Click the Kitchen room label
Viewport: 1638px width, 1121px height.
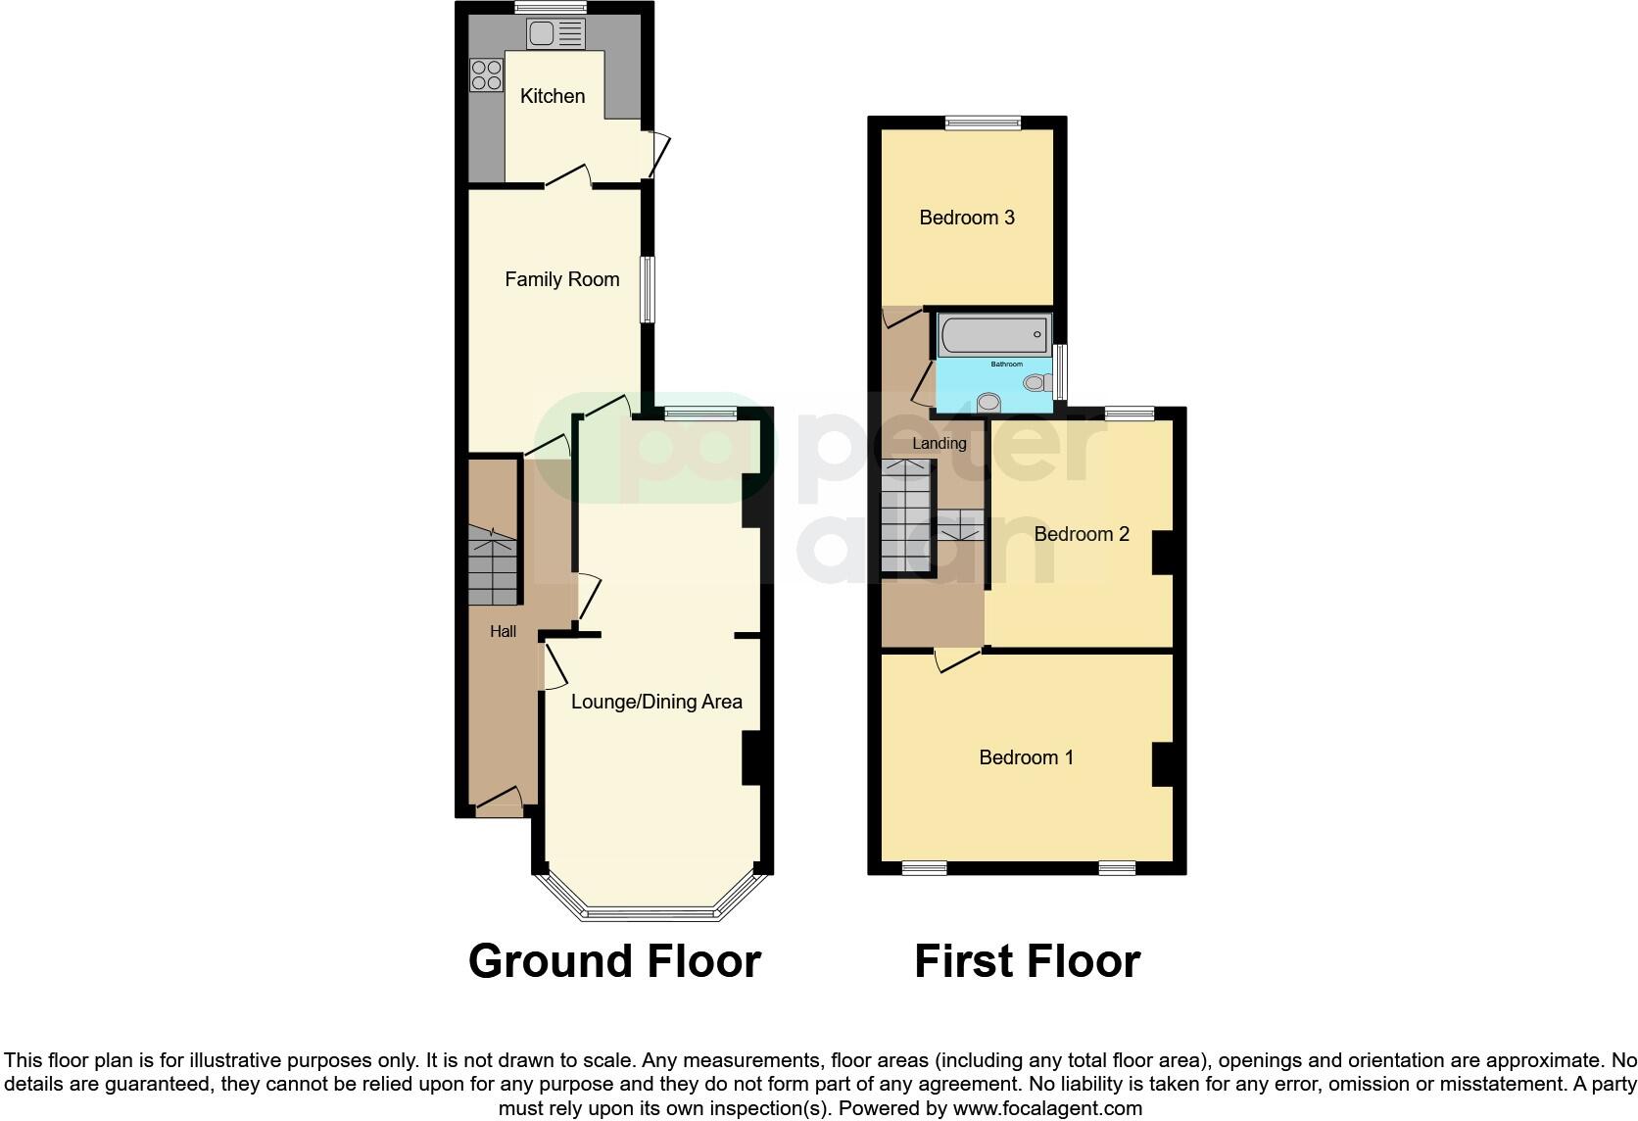point(553,96)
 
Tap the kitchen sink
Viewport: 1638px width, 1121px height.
point(555,34)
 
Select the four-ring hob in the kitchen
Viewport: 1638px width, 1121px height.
point(486,74)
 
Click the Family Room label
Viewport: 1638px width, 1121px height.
point(561,279)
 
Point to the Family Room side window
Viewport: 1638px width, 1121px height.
point(648,289)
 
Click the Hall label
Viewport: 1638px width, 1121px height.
point(503,632)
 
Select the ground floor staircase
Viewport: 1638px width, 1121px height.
point(491,565)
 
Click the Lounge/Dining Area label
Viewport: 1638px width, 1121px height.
point(656,702)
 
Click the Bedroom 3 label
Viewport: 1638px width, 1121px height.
point(966,218)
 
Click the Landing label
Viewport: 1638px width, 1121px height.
point(939,444)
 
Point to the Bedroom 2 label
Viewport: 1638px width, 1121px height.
point(1082,534)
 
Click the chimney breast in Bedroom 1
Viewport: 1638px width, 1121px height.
point(1162,764)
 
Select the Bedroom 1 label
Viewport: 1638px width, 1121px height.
point(1026,757)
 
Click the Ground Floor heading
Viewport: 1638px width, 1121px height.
point(614,961)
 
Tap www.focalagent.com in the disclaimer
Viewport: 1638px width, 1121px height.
point(1047,1109)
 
